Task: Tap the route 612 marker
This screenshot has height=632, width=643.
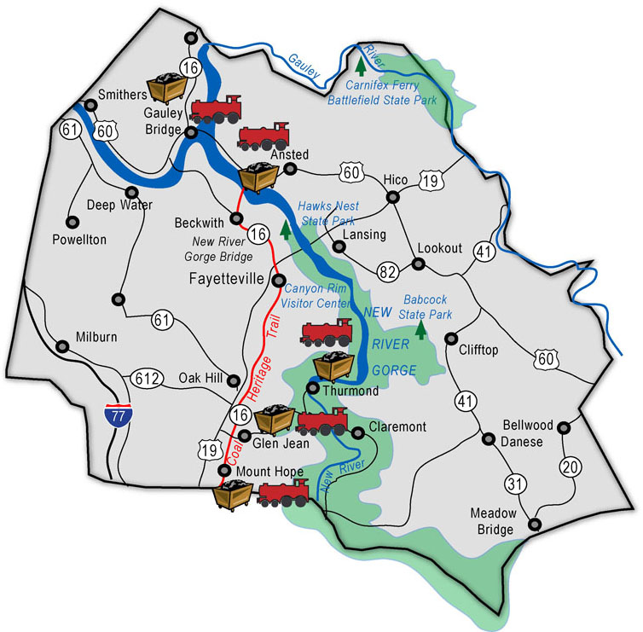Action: pyautogui.click(x=146, y=377)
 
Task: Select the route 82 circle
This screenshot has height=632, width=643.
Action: pyautogui.click(x=386, y=271)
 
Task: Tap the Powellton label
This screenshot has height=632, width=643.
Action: pyautogui.click(x=79, y=240)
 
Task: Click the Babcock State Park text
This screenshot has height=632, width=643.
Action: pyautogui.click(x=426, y=306)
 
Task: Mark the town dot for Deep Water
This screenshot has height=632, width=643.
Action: pyautogui.click(x=132, y=192)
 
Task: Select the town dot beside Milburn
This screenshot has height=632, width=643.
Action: pyautogui.click(x=61, y=346)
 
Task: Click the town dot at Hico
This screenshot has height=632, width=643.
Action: pyautogui.click(x=393, y=197)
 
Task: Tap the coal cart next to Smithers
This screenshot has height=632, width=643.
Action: pyautogui.click(x=168, y=87)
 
